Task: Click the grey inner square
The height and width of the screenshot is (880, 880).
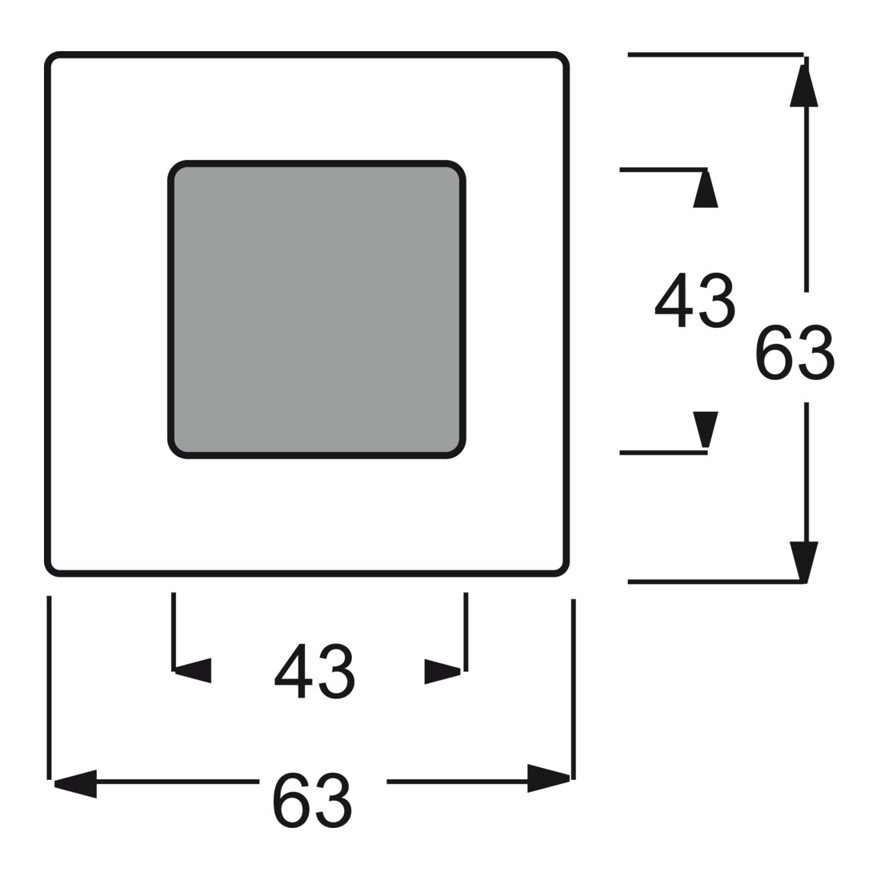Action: (317, 310)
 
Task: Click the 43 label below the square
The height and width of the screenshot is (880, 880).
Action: (314, 671)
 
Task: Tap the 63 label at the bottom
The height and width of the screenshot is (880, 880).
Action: (312, 800)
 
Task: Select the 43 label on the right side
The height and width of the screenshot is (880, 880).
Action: (694, 300)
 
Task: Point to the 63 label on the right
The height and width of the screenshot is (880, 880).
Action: (794, 353)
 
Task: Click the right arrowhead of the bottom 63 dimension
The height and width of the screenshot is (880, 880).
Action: (549, 778)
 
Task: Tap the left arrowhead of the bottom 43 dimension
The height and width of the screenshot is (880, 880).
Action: (194, 670)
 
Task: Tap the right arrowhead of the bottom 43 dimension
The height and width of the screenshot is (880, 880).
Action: (443, 671)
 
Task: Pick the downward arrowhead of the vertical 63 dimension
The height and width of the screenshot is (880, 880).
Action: (804, 562)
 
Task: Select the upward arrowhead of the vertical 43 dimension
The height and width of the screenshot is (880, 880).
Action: (706, 189)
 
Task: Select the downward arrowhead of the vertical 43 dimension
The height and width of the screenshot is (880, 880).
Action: (706, 430)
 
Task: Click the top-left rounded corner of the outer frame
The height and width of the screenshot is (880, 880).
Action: (50, 58)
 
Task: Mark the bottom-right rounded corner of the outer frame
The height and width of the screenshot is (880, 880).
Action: (563, 570)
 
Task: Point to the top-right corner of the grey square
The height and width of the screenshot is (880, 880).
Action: (459, 167)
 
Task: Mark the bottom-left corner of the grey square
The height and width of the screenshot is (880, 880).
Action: (174, 452)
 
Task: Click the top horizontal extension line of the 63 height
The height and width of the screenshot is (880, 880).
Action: (715, 55)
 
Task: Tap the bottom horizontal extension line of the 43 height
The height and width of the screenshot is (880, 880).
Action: (663, 452)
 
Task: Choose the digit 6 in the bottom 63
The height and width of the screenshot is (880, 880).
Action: (291, 800)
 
